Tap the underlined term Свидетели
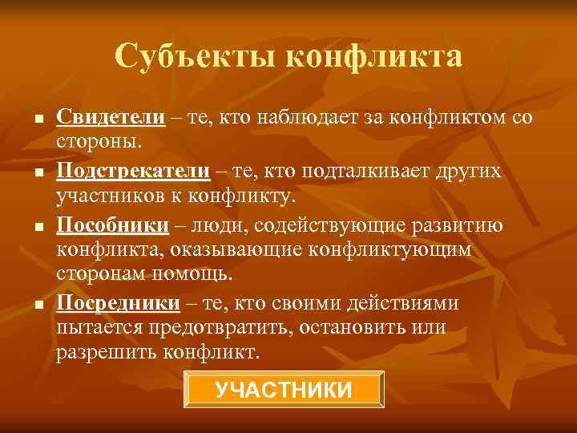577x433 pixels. coord(111,118)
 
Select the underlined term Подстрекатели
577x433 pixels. coord(133,172)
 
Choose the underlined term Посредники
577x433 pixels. coord(117,303)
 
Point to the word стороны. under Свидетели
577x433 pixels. coord(99,143)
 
